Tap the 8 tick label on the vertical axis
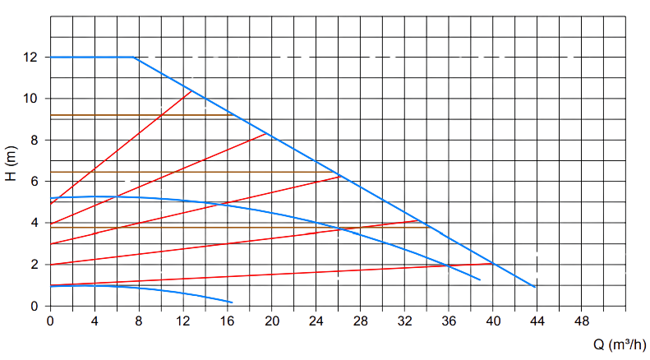point(33,140)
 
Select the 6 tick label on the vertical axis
point(33,182)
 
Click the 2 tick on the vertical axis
point(33,265)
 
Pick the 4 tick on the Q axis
point(95,320)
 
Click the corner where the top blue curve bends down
point(135,57)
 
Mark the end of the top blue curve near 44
point(536,287)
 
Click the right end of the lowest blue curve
point(233,303)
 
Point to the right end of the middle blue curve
point(480,281)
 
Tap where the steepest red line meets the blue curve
point(191,92)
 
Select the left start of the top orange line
point(51,116)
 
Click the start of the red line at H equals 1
point(51,285)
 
